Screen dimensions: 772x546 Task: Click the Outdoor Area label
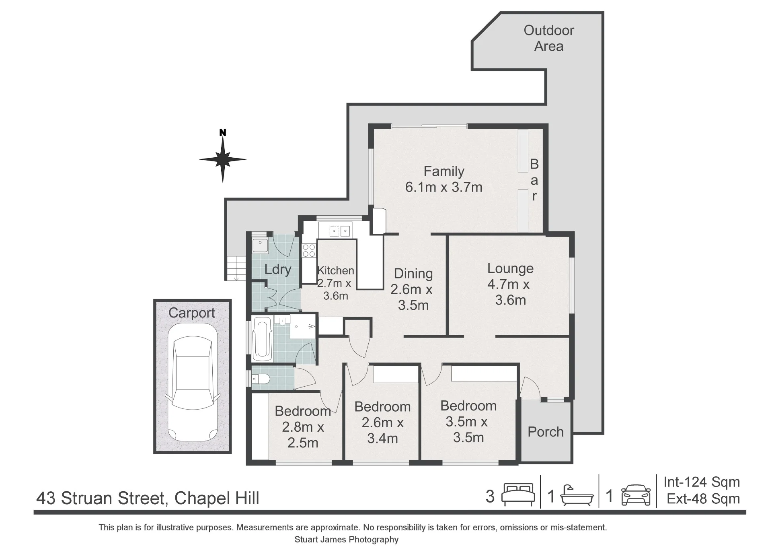[549, 38]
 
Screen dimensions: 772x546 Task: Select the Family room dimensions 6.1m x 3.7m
[444, 187]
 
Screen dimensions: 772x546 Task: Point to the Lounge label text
[510, 268]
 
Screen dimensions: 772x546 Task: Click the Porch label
[546, 432]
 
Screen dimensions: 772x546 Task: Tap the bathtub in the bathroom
[263, 339]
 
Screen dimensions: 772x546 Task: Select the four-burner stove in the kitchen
[309, 250]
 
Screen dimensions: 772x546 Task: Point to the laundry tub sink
[260, 245]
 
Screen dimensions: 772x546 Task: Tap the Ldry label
[278, 269]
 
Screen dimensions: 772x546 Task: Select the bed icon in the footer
[518, 494]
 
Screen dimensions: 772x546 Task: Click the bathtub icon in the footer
[577, 495]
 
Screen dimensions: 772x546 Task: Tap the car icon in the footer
[636, 495]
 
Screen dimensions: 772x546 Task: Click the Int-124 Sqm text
[702, 482]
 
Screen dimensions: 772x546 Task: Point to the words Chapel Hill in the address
[217, 498]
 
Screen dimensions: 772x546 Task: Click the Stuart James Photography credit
[347, 539]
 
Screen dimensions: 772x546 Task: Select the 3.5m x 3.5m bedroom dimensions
[468, 430]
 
